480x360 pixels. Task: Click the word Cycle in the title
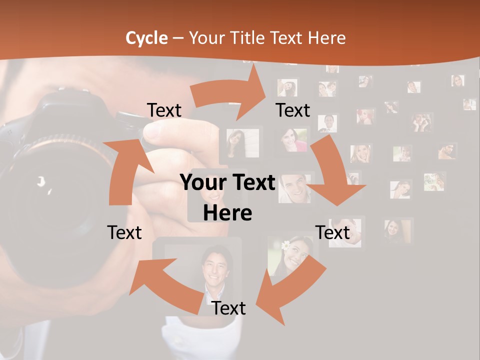(x=146, y=38)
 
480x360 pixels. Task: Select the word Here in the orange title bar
(x=327, y=38)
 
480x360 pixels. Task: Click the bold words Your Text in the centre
(x=227, y=183)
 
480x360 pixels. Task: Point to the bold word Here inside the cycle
(x=227, y=213)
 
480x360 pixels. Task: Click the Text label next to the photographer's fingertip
(x=164, y=110)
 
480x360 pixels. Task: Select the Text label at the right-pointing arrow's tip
(x=293, y=110)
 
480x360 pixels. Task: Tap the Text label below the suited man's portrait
(x=228, y=308)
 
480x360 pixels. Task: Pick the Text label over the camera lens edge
(x=124, y=232)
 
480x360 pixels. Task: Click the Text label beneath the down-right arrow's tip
(x=332, y=232)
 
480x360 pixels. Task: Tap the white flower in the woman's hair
(x=285, y=245)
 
